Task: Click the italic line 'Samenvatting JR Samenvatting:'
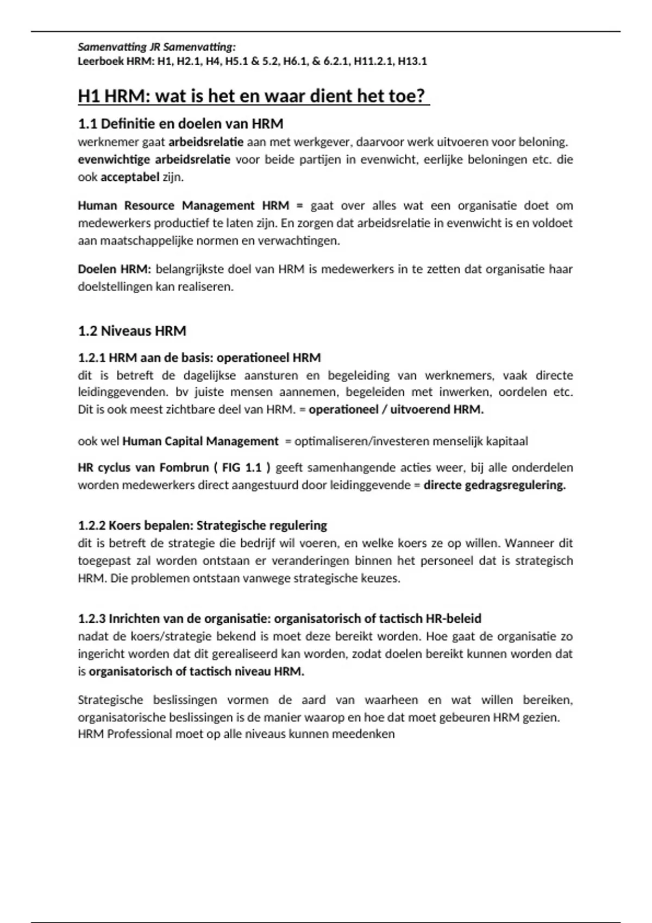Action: pyautogui.click(x=156, y=47)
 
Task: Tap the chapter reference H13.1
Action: pyautogui.click(x=412, y=61)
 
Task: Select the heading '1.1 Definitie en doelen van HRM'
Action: pyautogui.click(x=180, y=124)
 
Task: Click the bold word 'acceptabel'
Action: pyautogui.click(x=130, y=177)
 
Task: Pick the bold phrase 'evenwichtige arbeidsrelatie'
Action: pyautogui.click(x=154, y=160)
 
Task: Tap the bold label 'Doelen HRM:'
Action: pyautogui.click(x=114, y=269)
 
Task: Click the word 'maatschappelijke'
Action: pyautogui.click(x=135, y=241)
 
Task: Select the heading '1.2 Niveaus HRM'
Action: pyautogui.click(x=132, y=331)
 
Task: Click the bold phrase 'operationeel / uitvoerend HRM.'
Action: pyautogui.click(x=396, y=409)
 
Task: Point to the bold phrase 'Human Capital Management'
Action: pyautogui.click(x=200, y=441)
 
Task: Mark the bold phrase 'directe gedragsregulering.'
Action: pyautogui.click(x=494, y=485)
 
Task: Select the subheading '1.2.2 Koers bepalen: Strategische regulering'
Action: pyautogui.click(x=202, y=526)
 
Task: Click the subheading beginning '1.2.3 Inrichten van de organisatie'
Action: pyautogui.click(x=279, y=619)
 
